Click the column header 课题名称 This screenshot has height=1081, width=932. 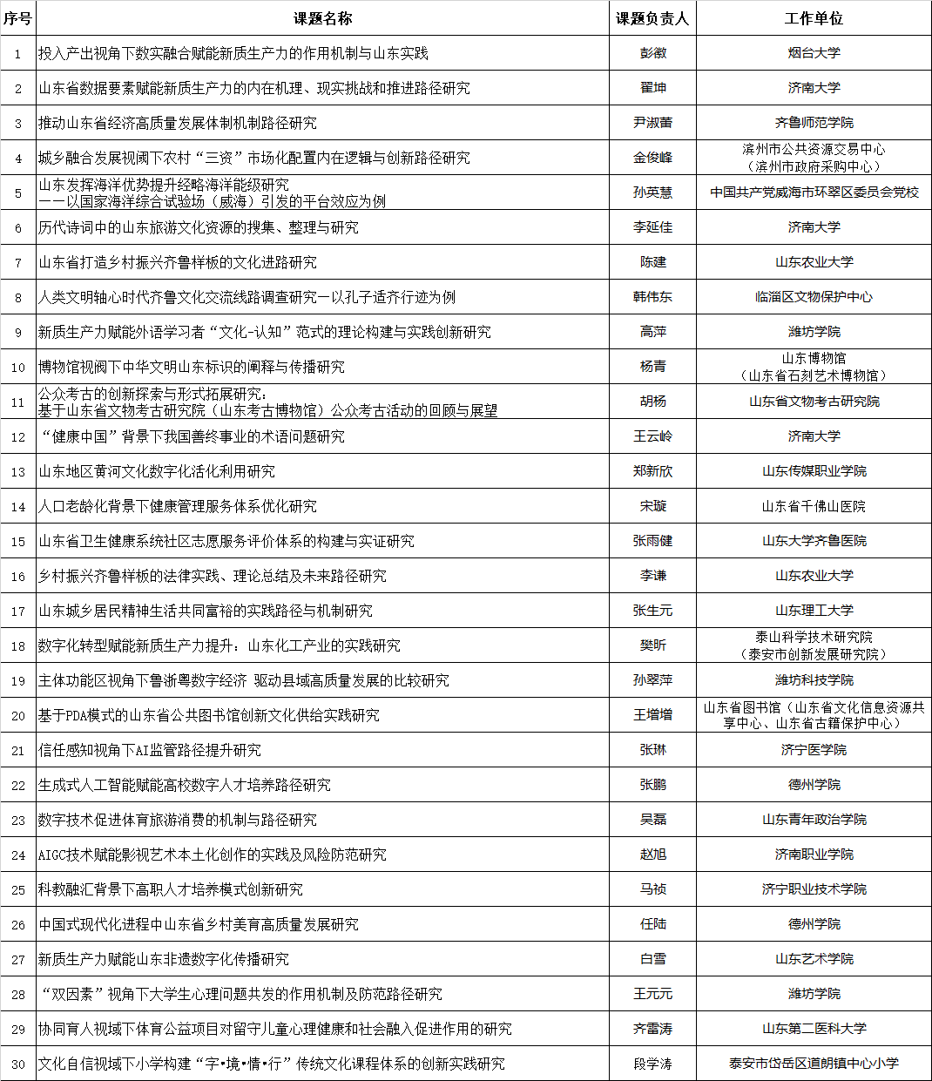[x=322, y=18]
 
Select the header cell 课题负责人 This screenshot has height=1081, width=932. [x=652, y=18]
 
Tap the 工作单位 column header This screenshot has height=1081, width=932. [x=814, y=18]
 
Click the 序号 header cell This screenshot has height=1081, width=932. [x=17, y=18]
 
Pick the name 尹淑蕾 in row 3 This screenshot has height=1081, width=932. [x=652, y=123]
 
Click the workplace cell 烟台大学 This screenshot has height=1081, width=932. [x=814, y=53]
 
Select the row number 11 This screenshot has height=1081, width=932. [x=17, y=402]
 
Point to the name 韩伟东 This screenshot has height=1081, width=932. [x=652, y=297]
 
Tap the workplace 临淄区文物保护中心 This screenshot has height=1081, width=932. [x=814, y=297]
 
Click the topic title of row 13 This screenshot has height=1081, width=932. [x=157, y=471]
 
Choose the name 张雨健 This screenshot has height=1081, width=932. [x=652, y=541]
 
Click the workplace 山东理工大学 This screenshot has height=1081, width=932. [x=814, y=611]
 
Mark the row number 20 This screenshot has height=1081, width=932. [x=17, y=715]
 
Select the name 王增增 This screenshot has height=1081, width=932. [x=652, y=715]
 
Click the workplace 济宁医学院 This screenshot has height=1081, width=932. [x=814, y=750]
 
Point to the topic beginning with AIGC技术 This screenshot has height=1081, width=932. [x=212, y=855]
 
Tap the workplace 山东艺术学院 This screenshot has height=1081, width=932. [x=814, y=959]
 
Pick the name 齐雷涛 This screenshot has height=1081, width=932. [x=652, y=1029]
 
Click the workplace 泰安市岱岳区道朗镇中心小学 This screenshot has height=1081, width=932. [x=814, y=1064]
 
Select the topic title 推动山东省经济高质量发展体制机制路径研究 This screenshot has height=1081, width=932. [x=178, y=123]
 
